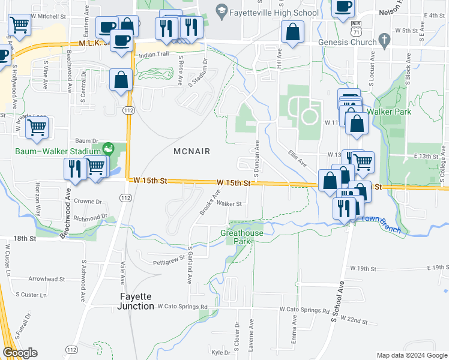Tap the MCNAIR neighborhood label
coord(191,151)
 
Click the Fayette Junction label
coord(135,301)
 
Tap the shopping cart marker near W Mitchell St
coord(20,25)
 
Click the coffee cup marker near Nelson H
coord(343,7)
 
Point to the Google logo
coord(20,353)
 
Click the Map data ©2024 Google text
coord(412,355)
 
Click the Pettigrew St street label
coord(169,260)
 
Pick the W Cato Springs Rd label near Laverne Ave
coord(304,310)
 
